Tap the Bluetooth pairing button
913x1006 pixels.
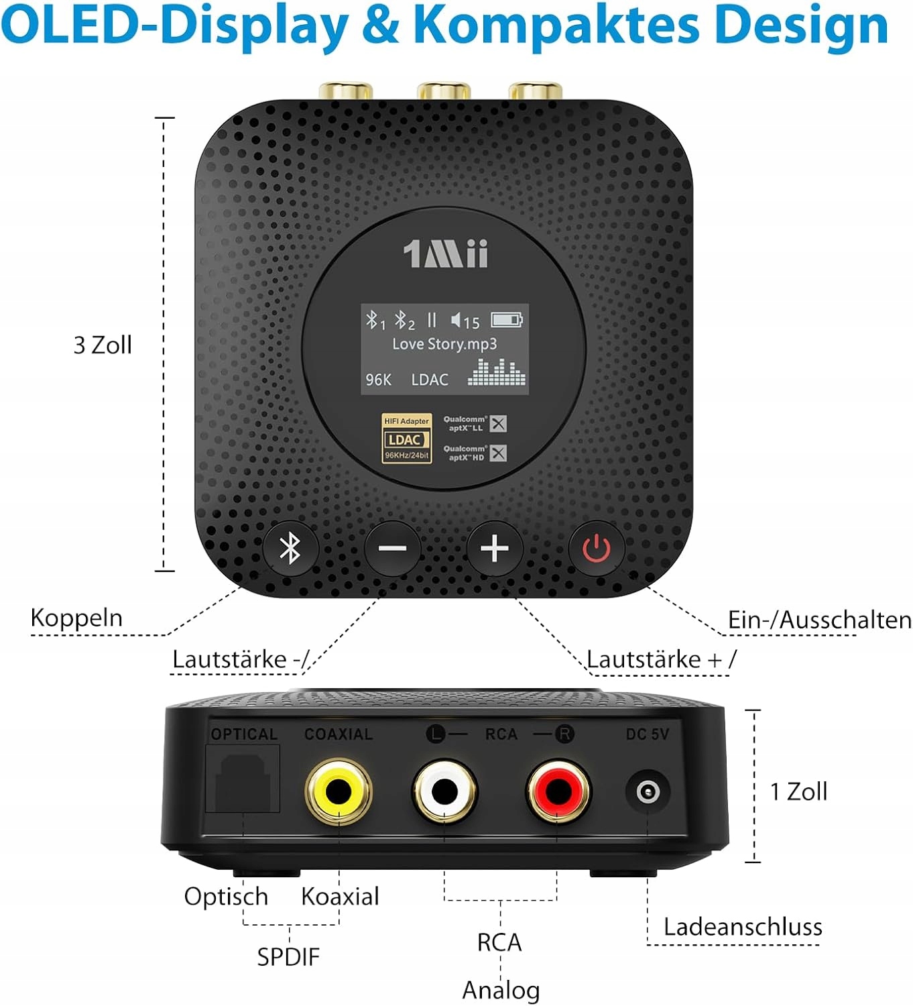[x=290, y=549]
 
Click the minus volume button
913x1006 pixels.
[x=392, y=549]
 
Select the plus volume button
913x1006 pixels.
[x=495, y=549]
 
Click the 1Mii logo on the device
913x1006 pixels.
[x=445, y=254]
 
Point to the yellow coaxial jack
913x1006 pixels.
[x=338, y=791]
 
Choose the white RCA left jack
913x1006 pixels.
[x=444, y=791]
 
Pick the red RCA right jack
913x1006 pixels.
[x=558, y=791]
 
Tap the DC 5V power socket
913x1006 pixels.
[x=647, y=792]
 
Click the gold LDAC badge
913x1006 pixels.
[x=406, y=439]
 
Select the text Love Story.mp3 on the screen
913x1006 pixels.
[x=444, y=344]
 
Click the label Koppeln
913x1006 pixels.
[x=76, y=618]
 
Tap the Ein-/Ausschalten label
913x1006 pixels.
[x=819, y=620]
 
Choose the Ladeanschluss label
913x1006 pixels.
[x=743, y=927]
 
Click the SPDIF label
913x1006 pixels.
[x=288, y=956]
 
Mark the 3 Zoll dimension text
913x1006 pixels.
[x=103, y=345]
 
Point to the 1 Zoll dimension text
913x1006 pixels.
[x=798, y=791]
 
